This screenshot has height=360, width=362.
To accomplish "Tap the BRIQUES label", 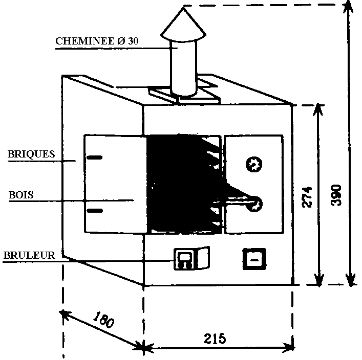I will point(31,153).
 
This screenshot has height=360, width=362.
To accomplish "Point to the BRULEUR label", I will point(29,255).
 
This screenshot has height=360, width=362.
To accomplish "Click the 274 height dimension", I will point(306,194).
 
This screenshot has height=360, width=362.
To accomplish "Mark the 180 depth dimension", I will point(104,320).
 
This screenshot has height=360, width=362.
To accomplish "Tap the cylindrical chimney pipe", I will point(183,69).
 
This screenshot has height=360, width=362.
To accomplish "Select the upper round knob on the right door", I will point(254,165).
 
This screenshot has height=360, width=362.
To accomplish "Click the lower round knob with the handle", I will point(254,204).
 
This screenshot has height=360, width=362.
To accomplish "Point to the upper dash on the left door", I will point(94,158).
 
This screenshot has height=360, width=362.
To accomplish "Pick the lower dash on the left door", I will point(94,210).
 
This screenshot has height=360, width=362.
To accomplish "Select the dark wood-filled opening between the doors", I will point(179,184).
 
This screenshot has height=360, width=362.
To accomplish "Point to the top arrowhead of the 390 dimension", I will point(349,8).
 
